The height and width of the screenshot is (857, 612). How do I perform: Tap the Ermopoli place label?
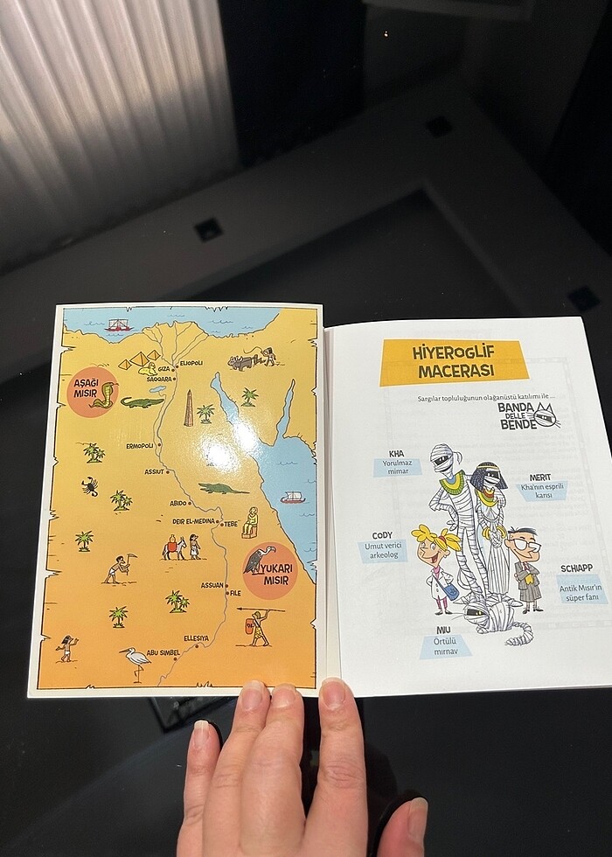point(139,445)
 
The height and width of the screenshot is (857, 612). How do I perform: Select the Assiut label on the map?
point(155,471)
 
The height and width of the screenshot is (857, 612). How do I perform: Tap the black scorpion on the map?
point(90,486)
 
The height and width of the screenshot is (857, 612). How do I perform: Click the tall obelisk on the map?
point(188,408)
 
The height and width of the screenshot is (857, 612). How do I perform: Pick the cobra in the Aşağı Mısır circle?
point(102,395)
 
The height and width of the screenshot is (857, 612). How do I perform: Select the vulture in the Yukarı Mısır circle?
point(260,560)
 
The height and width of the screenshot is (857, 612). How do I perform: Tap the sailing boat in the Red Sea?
point(292,498)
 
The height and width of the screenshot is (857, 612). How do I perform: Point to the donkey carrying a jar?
point(173,547)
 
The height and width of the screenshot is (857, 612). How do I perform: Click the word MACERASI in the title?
point(453,370)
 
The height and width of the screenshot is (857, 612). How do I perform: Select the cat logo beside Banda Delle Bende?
point(546,416)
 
